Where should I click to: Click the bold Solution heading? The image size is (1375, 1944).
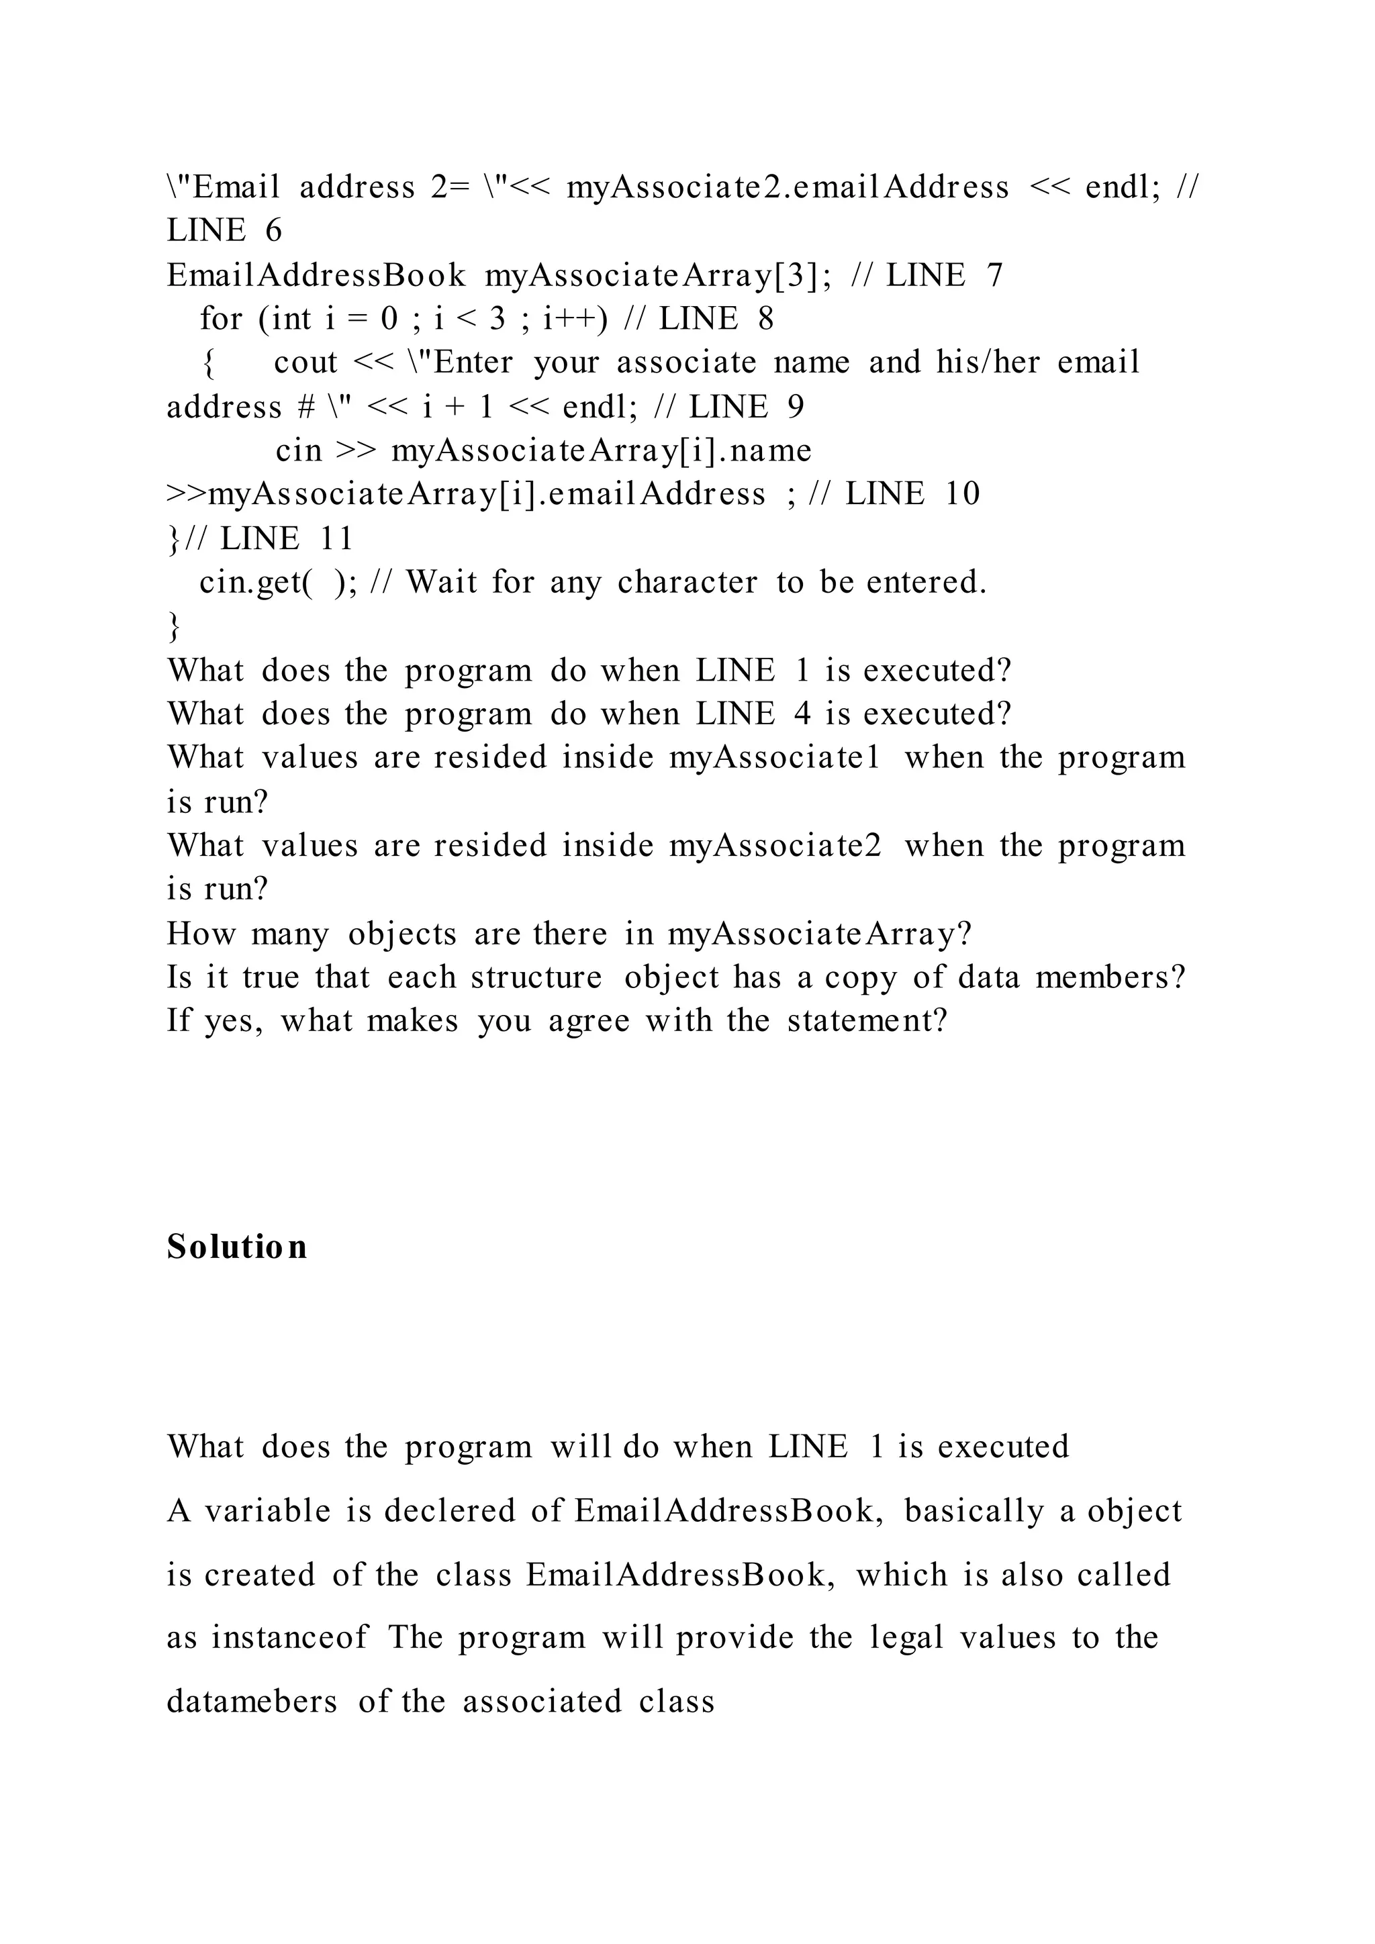click(x=236, y=1247)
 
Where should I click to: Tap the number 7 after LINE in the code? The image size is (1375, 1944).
click(x=994, y=275)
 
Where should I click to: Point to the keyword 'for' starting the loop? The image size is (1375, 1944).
click(x=221, y=320)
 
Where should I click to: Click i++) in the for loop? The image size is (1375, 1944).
click(x=575, y=320)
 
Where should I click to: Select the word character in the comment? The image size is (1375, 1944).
click(x=687, y=583)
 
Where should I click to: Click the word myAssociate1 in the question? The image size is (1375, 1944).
click(x=775, y=757)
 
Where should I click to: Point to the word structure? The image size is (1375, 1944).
click(x=536, y=977)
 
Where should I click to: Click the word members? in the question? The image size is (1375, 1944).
click(x=1110, y=977)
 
